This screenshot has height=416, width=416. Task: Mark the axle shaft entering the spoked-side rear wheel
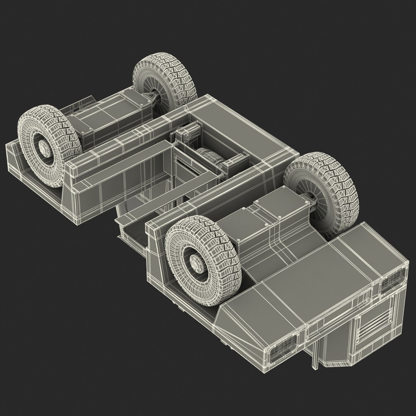(154, 98)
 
